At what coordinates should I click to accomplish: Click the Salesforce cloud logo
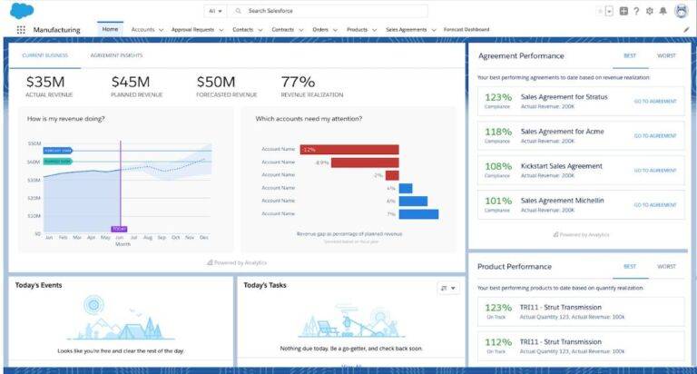(21, 11)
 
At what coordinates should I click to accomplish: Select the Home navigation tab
(110, 29)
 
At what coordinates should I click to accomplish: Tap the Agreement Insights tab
(116, 55)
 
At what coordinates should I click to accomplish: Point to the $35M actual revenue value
(44, 83)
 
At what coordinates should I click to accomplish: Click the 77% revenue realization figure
(299, 83)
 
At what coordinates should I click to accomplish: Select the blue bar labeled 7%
(418, 214)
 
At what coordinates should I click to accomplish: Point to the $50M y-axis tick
(34, 143)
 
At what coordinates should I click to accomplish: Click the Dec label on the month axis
(204, 237)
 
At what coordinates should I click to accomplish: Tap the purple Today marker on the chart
(119, 229)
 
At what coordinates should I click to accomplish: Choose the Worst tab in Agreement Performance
(666, 55)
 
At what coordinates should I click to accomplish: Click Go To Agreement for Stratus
(654, 101)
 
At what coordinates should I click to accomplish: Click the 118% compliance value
(497, 132)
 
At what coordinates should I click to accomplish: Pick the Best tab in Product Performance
(629, 267)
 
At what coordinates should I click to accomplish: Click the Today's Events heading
(39, 285)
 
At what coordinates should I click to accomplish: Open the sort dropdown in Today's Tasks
(448, 288)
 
